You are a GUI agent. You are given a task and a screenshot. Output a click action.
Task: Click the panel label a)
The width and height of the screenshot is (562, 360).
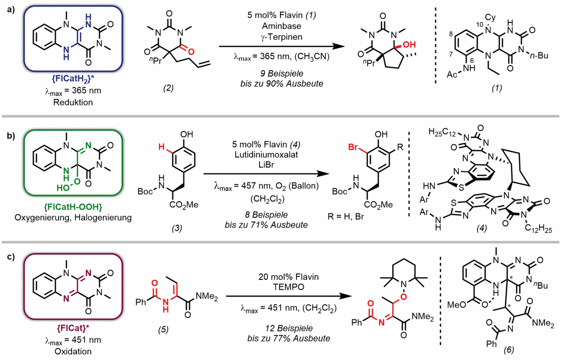coord(9,8)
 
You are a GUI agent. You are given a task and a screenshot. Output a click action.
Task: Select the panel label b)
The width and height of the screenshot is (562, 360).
coord(9,136)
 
